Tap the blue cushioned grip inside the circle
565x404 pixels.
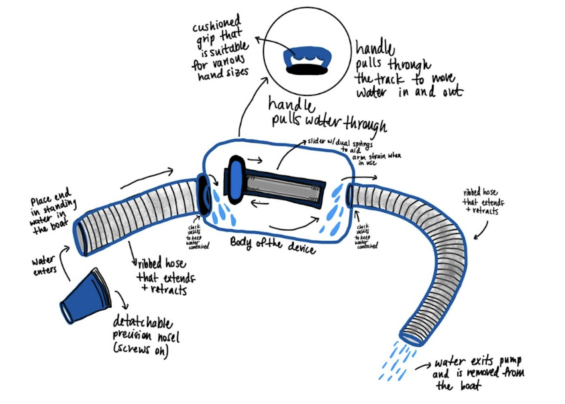[x=307, y=55]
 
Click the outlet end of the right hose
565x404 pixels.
[x=411, y=337]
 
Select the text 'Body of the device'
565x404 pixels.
[x=273, y=245]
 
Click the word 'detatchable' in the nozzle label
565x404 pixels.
[x=143, y=323]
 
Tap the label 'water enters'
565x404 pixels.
[x=44, y=265]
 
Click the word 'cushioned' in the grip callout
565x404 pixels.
[x=217, y=26]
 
